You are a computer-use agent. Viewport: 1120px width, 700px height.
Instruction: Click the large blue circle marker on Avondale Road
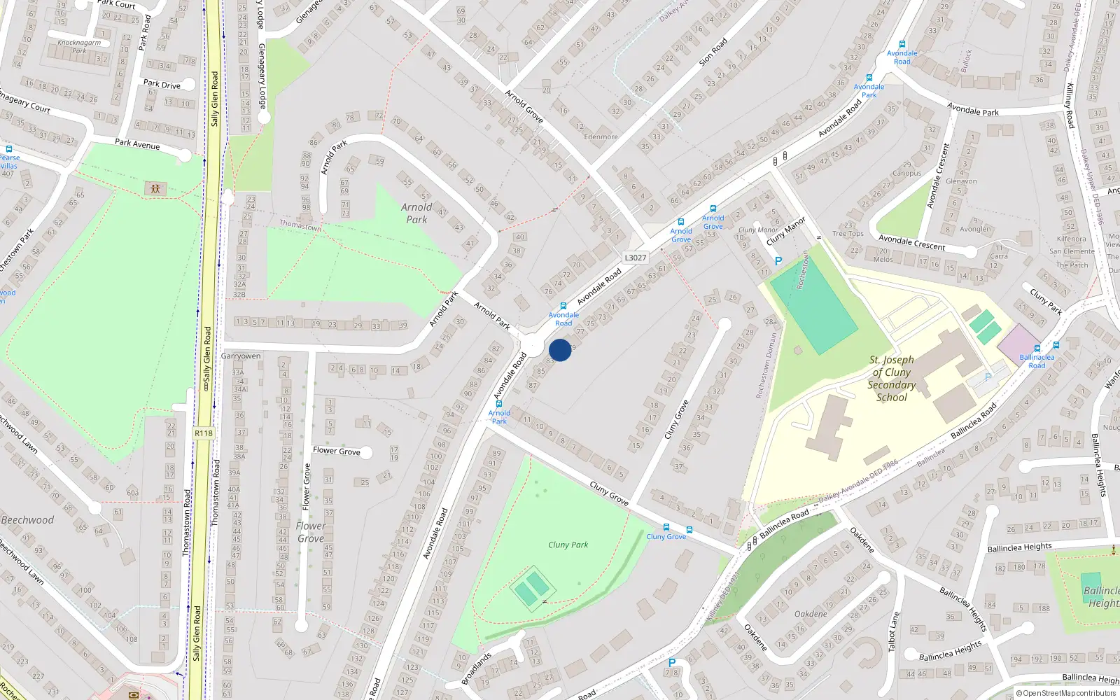[560, 350]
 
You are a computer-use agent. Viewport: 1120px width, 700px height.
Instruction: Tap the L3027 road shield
[635, 258]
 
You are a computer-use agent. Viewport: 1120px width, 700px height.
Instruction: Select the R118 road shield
[203, 433]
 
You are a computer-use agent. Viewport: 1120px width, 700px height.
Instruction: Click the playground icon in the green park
[155, 188]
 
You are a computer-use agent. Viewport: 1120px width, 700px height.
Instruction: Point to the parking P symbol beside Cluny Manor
[778, 262]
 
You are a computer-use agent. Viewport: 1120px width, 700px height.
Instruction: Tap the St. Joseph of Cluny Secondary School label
[891, 378]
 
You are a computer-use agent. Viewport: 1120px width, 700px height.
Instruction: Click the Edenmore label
[601, 137]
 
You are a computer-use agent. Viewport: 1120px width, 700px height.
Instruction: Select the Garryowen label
[241, 356]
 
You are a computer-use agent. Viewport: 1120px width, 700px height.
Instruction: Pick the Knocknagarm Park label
[79, 46]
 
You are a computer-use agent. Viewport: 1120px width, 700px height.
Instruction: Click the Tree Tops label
[848, 234]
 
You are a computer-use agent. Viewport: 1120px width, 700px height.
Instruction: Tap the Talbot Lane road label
[894, 631]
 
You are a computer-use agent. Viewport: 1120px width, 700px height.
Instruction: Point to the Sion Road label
[713, 52]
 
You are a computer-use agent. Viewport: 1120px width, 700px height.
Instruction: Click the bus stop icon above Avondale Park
[869, 78]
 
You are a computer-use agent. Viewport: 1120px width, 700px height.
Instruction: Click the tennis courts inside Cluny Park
[531, 589]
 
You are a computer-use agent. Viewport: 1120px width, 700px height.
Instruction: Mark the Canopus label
[906, 173]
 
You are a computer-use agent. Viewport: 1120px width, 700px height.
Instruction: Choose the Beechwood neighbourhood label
[27, 520]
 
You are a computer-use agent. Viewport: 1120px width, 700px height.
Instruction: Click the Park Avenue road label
[137, 143]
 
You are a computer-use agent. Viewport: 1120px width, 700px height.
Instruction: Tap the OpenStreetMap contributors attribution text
[1066, 694]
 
